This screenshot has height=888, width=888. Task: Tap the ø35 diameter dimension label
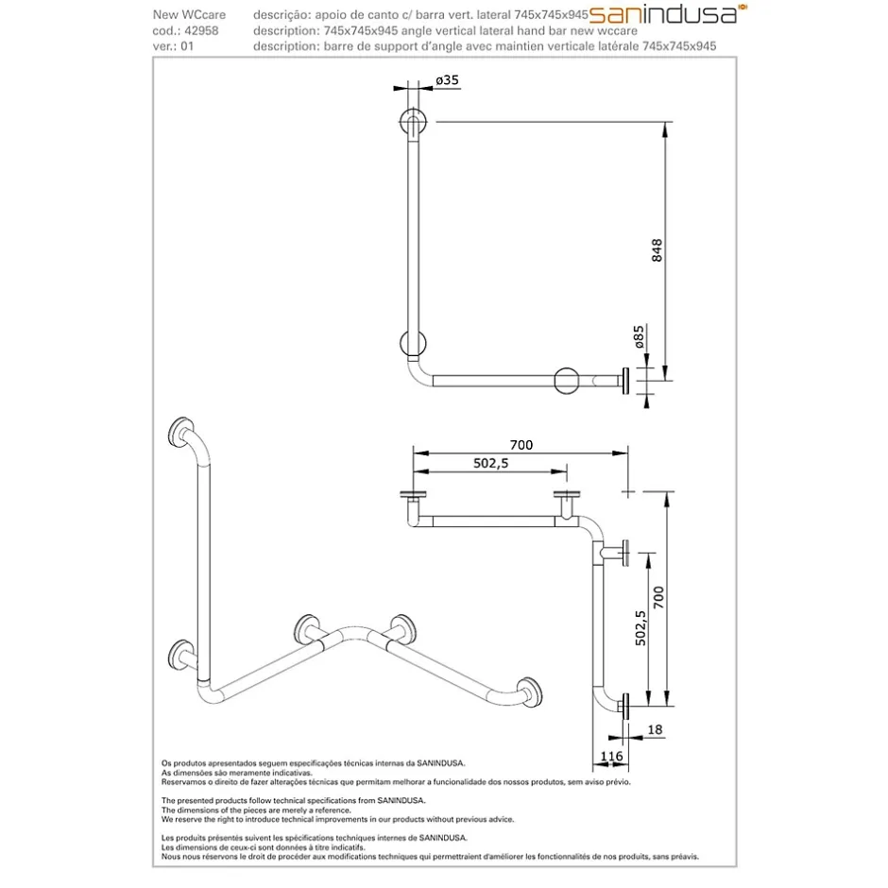pos(448,80)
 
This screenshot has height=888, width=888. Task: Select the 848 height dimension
pos(657,250)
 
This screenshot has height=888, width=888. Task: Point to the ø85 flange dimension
pos(639,336)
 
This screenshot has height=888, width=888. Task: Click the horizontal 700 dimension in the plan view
pos(521,445)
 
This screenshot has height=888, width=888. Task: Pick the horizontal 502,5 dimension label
pos(491,463)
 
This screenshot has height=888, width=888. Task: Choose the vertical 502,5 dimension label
pos(640,628)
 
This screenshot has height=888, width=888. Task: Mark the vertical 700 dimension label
pos(658,597)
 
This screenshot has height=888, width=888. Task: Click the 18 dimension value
pos(655,729)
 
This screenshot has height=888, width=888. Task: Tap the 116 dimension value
pos(611,756)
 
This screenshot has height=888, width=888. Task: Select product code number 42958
pos(201,30)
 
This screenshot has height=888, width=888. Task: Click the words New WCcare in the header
pos(189,15)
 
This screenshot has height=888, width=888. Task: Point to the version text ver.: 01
pos(173,46)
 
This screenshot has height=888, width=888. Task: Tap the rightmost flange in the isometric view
pos(530,692)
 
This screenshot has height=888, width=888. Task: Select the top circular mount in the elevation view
pos(414,121)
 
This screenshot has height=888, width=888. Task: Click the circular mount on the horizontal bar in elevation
pos(566,381)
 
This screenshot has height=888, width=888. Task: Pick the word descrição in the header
pos(278,15)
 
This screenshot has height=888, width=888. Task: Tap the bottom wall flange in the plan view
pos(625,707)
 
